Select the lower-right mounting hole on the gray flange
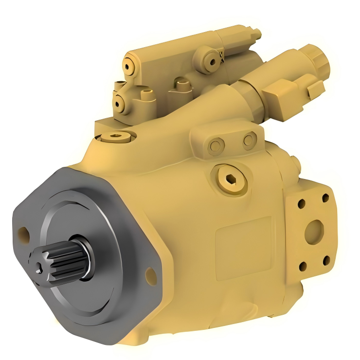click(x=151, y=276)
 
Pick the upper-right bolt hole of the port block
click(x=325, y=198)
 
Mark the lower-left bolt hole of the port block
click(x=302, y=266)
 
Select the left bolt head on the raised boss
click(x=216, y=144)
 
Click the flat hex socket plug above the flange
click(x=115, y=137)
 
